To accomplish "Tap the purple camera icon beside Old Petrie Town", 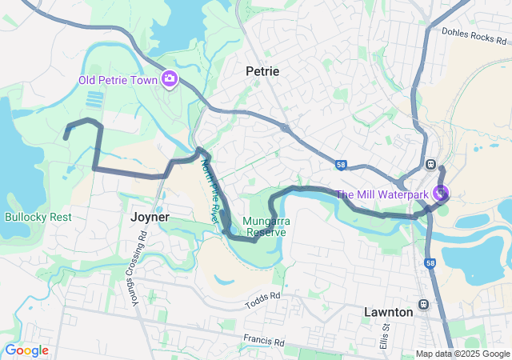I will [x=170, y=78].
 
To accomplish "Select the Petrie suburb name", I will [x=262, y=71].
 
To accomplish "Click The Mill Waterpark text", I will [x=381, y=194].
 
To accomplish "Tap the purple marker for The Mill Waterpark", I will [x=440, y=193].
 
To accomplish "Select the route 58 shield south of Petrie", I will [x=340, y=166].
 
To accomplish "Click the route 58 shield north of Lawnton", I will [x=431, y=262].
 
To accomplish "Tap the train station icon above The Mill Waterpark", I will [x=431, y=163].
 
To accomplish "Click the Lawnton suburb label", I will [x=388, y=312].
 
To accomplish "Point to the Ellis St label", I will [x=385, y=336].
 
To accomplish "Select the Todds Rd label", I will [x=264, y=299].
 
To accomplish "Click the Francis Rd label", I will [x=264, y=341].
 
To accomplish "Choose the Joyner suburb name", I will [x=150, y=217].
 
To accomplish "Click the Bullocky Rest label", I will [x=38, y=217].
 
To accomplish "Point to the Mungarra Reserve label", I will [x=268, y=226].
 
